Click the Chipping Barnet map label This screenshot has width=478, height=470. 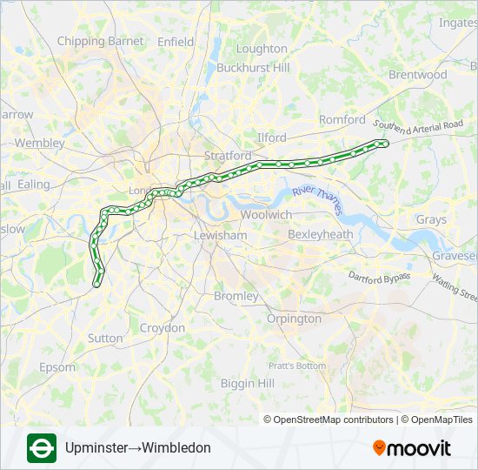point(101,41)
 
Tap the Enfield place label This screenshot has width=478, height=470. point(176,41)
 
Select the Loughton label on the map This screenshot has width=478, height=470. point(262,49)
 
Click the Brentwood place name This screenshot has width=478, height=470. point(417,75)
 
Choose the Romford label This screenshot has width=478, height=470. point(342,119)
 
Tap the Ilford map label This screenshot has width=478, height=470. point(271,138)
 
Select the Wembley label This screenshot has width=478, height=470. point(40,143)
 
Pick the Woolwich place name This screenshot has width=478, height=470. point(266,214)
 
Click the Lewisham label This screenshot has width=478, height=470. point(221,235)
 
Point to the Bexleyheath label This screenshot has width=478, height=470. point(320,234)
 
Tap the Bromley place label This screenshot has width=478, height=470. point(236,296)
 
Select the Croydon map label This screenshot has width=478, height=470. point(163,328)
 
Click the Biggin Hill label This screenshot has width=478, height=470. point(248,383)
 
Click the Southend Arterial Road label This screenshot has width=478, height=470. point(419,129)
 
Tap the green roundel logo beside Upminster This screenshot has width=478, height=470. point(42,448)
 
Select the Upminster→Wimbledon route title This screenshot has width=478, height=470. point(138,448)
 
